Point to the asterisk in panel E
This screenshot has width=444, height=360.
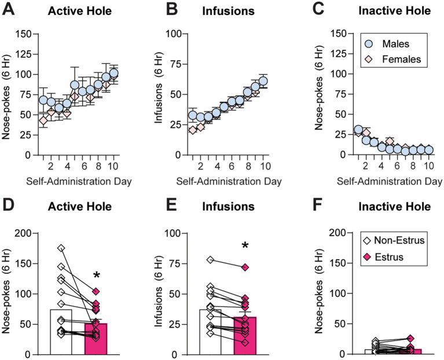(245, 247)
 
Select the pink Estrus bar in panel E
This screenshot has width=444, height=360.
(245, 336)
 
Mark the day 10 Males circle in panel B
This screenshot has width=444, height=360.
(263, 81)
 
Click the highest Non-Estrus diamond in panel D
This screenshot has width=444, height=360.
(61, 248)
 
